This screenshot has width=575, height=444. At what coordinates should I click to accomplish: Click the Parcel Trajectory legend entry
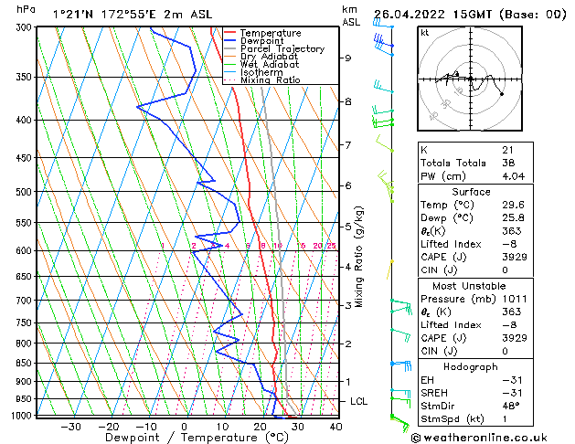[x=282, y=49]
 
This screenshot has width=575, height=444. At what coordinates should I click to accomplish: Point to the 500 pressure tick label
[x=25, y=192]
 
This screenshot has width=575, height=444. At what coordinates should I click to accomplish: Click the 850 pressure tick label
[x=25, y=363]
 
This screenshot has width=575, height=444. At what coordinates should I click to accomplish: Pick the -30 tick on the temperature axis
[x=70, y=427]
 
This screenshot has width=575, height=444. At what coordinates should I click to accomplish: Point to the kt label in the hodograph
[x=425, y=32]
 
